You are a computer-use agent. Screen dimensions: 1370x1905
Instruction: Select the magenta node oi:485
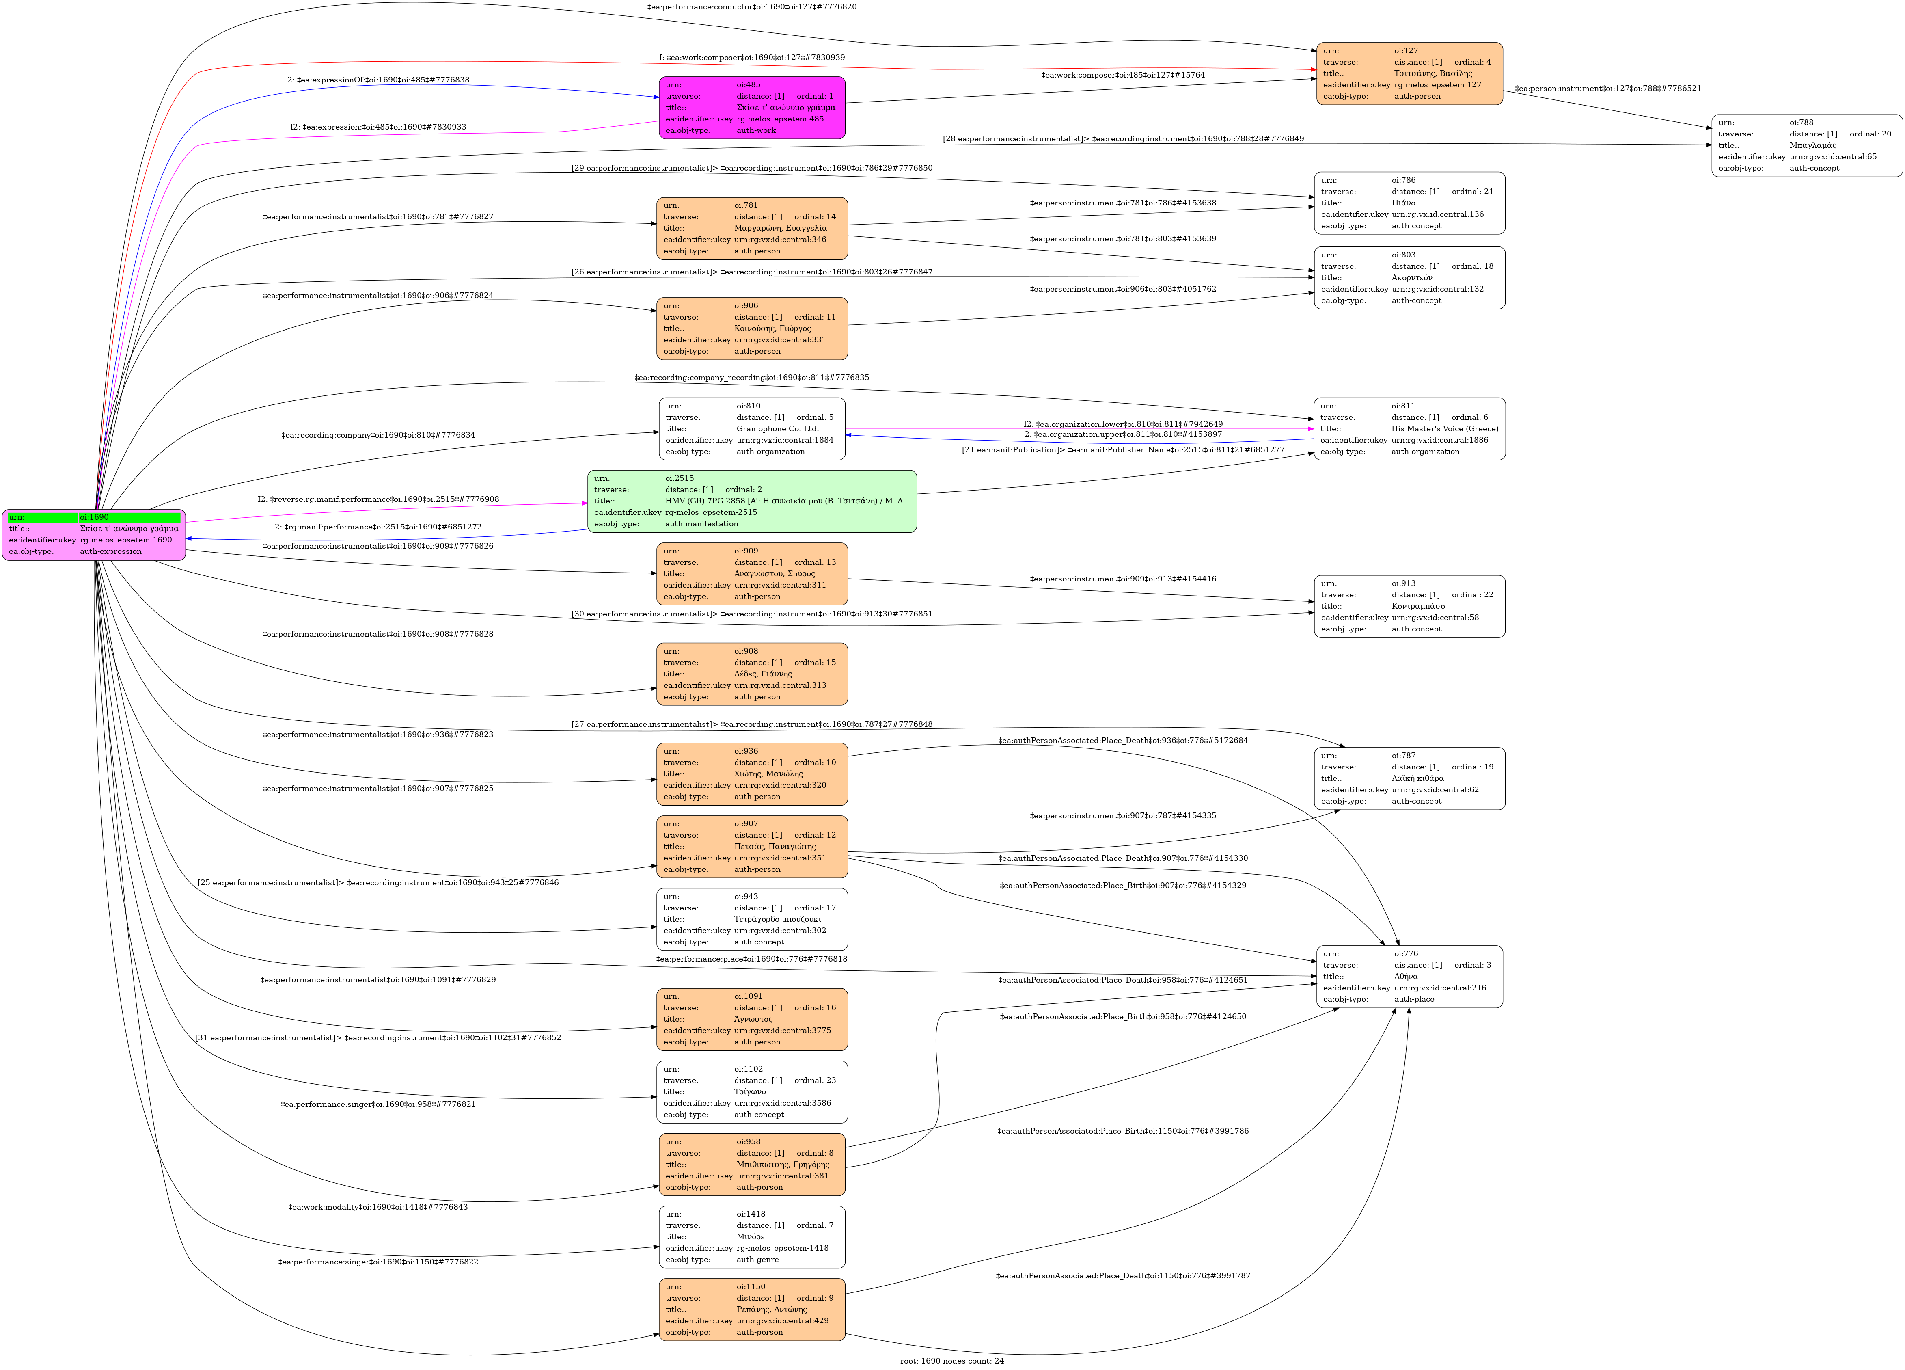click(x=752, y=108)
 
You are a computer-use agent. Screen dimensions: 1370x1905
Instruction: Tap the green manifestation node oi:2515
click(x=752, y=501)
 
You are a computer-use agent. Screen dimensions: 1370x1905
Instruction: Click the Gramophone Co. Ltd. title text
click(x=777, y=428)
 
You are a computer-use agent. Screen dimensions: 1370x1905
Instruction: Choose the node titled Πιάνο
click(x=1409, y=203)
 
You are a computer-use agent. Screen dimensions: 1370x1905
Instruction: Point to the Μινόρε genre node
click(x=752, y=1236)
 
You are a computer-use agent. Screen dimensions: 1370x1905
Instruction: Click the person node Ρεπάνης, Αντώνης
click(x=752, y=1309)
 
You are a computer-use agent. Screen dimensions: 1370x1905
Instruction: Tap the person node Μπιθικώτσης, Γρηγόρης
click(x=752, y=1164)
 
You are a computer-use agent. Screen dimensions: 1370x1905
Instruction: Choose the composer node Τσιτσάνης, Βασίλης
click(x=1409, y=74)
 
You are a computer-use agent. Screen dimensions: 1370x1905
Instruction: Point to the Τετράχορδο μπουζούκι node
click(x=752, y=919)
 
